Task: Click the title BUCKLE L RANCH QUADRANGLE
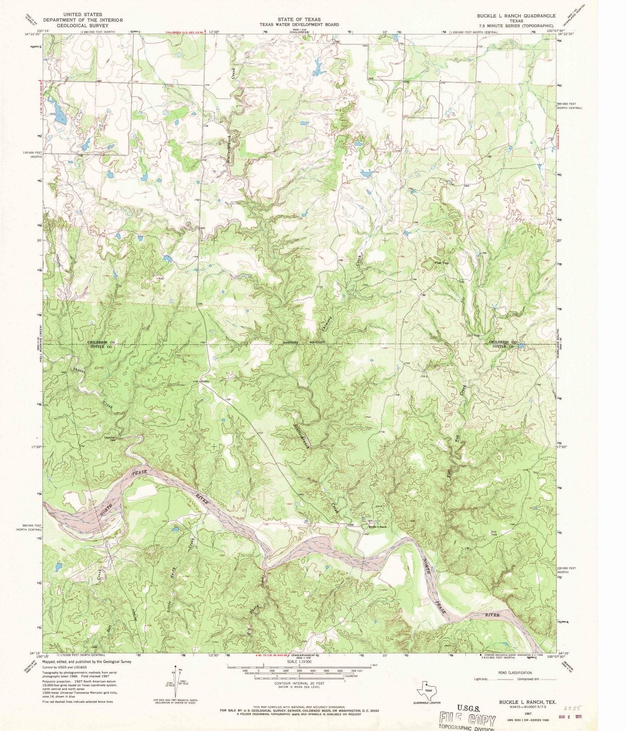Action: coord(516,16)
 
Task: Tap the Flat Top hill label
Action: coord(442,263)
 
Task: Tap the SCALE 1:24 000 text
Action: coord(299,661)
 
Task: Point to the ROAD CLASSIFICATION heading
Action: coord(515,673)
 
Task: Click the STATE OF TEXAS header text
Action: coord(300,19)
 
